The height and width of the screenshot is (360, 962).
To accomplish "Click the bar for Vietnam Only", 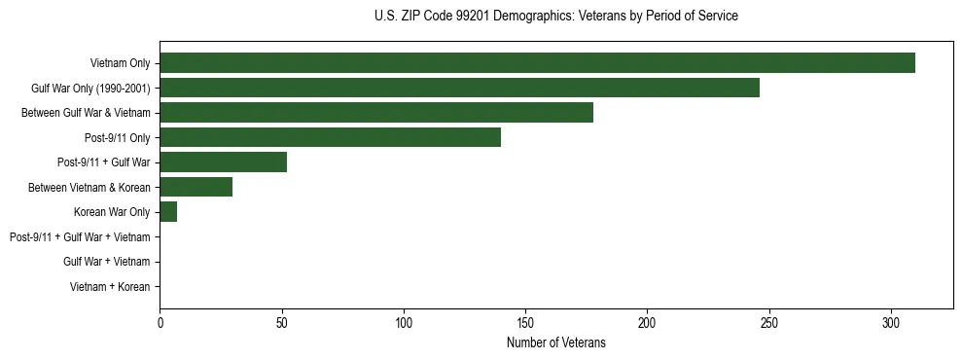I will (x=537, y=63).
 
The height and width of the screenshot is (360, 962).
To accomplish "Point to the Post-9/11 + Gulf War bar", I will (x=223, y=162).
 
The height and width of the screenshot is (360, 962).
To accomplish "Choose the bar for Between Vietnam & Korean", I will (x=196, y=187).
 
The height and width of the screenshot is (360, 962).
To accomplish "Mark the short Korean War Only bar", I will (x=168, y=212).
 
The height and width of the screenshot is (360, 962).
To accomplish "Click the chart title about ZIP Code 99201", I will (x=555, y=17).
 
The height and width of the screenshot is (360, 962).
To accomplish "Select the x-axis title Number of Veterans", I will (x=555, y=343).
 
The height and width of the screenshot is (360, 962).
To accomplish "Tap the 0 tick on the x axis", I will (x=160, y=322).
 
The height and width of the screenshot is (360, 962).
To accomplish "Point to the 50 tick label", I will (x=282, y=322).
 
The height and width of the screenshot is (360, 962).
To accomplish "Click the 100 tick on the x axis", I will (x=404, y=322).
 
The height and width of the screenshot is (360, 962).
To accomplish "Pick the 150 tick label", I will (x=525, y=322).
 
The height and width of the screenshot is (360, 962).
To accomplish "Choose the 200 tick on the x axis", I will (x=648, y=322).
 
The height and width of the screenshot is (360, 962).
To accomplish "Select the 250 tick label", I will (x=769, y=322).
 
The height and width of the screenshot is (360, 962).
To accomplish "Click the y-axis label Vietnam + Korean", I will (x=110, y=287).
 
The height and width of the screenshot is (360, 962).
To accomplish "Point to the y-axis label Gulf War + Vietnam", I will (x=106, y=262).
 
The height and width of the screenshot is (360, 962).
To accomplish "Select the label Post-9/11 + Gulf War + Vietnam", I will (x=80, y=237).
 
